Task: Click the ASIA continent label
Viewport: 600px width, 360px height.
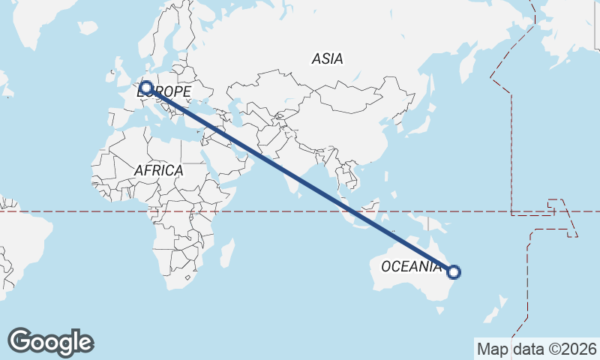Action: pos(327,58)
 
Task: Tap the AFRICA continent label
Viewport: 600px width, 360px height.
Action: pos(158,170)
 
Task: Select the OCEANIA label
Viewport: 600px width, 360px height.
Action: pos(411,266)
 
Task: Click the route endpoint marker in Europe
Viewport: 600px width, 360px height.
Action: pos(146,88)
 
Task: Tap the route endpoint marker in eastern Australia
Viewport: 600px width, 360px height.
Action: pos(453,271)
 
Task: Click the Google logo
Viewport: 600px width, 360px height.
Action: pos(50,342)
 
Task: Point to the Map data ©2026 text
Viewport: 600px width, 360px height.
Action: pos(536,349)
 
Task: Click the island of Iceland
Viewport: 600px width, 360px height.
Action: pos(88,28)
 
